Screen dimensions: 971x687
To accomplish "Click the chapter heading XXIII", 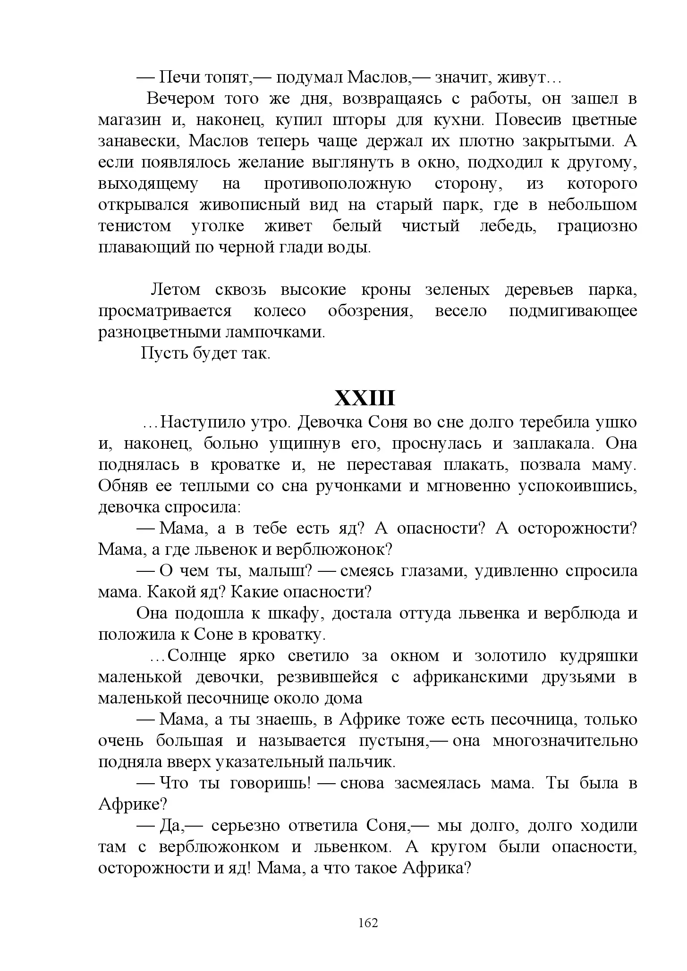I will (365, 399).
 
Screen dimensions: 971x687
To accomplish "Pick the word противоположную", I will (337, 184).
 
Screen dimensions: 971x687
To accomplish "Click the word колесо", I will (280, 311).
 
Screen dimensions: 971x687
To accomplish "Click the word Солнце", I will (197, 656).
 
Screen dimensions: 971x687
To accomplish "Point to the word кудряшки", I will (598, 656).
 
